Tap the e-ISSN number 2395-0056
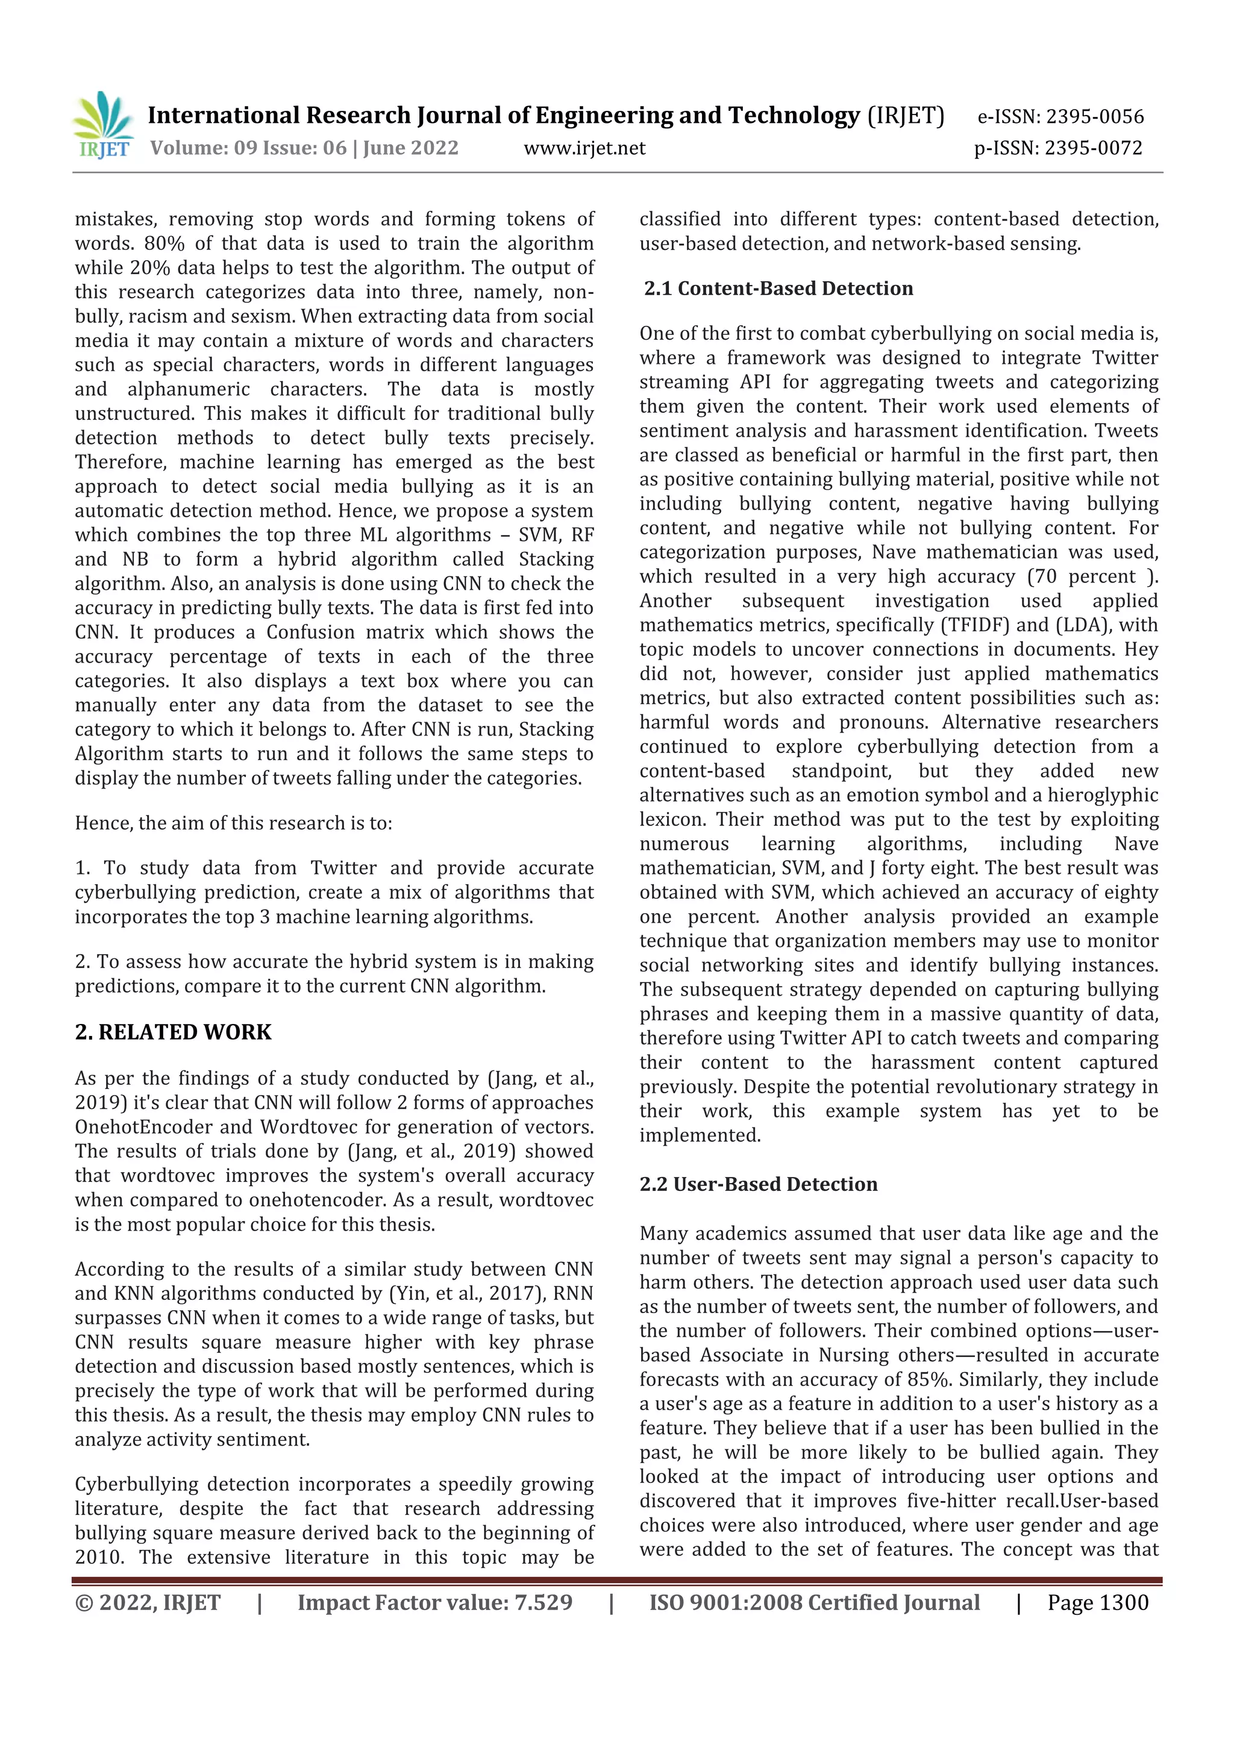(x=1094, y=117)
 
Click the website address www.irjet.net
(x=584, y=148)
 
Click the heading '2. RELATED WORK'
(x=174, y=1032)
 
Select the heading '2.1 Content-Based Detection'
(x=778, y=289)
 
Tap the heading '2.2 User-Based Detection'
(x=758, y=1184)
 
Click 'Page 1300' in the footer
(x=1097, y=1603)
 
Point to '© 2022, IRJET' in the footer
(x=148, y=1603)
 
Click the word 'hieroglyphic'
(x=1103, y=796)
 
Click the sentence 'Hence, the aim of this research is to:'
(x=233, y=823)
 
